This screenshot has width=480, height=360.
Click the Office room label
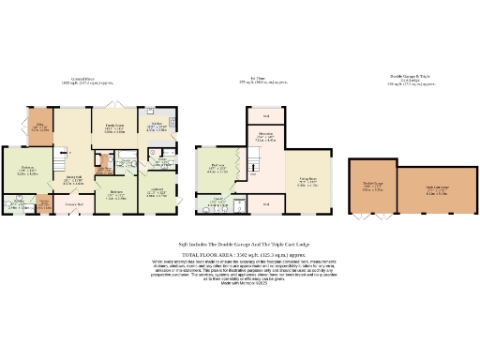[x=40, y=128]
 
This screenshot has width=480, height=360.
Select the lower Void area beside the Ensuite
[x=266, y=203]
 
